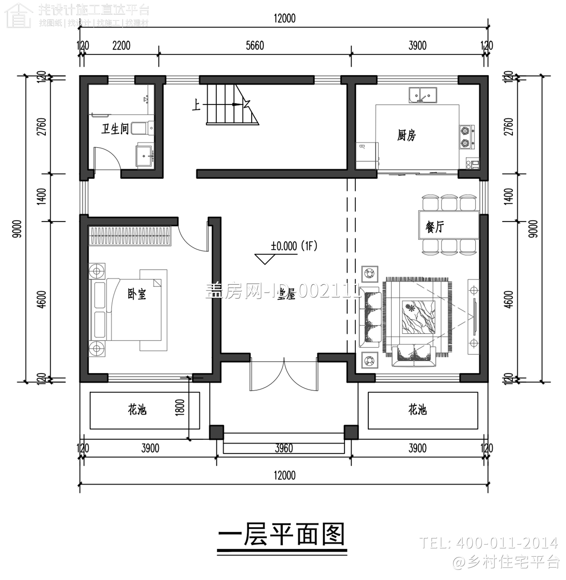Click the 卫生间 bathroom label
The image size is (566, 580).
tap(115, 129)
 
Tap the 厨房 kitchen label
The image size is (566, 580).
tap(406, 135)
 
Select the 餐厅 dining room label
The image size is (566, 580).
tap(435, 227)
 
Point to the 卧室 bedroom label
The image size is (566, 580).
tap(136, 294)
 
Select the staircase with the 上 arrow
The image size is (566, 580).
tap(230, 105)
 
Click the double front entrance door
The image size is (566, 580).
tap(283, 376)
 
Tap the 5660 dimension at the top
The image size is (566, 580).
tap(255, 46)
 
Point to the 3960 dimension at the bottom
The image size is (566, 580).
tap(284, 448)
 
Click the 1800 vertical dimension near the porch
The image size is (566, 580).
tap(180, 408)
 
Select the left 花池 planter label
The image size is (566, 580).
tap(137, 409)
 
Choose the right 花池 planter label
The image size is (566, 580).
tap(417, 409)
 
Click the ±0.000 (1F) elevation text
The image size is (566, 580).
tap(294, 246)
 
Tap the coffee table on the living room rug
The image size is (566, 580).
tap(418, 317)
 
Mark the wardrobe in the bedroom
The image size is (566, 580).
tap(130, 236)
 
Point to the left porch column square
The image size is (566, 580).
tap(217, 432)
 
